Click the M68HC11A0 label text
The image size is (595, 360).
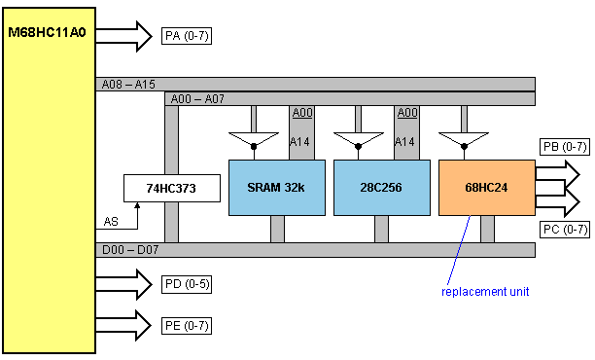tap(47, 32)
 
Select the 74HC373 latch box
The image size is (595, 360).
tap(172, 188)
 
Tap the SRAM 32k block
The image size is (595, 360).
tap(277, 188)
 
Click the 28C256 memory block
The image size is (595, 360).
tap(382, 188)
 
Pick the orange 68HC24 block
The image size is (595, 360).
tap(487, 188)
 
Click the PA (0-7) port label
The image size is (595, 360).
tap(187, 36)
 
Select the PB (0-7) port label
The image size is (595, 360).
tap(565, 147)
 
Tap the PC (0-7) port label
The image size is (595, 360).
tap(565, 230)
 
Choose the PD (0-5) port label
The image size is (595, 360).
tap(187, 284)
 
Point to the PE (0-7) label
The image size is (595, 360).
tap(187, 326)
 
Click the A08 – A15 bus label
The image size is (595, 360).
tap(128, 85)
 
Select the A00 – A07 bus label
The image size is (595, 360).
tap(197, 99)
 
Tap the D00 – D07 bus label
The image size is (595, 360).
tap(130, 250)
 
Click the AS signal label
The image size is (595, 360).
tap(111, 222)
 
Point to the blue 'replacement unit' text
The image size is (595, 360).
tap(485, 292)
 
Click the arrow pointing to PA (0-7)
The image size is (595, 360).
tap(123, 36)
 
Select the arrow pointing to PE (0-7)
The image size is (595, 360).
tap(123, 325)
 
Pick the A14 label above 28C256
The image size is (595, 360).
tap(405, 142)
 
